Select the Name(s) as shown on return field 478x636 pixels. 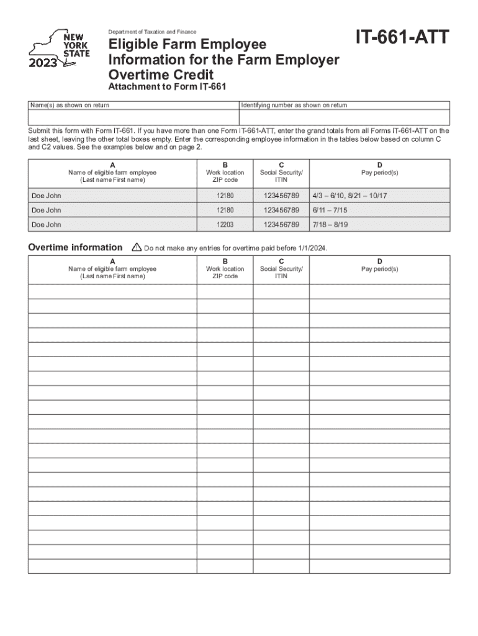pyautogui.click(x=133, y=117)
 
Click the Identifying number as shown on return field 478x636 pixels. pyautogui.click(x=345, y=117)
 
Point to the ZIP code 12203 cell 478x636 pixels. pyautogui.click(x=225, y=224)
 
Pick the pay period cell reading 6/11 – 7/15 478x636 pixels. pyautogui.click(x=335, y=210)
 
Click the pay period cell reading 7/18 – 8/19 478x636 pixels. pyautogui.click(x=335, y=224)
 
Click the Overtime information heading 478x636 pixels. pyautogui.click(x=75, y=247)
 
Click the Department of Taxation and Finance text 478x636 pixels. pyautogui.click(x=152, y=32)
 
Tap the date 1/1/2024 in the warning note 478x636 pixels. pyautogui.click(x=310, y=248)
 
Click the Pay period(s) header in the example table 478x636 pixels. pyautogui.click(x=379, y=173)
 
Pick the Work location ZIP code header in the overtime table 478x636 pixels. pyautogui.click(x=225, y=272)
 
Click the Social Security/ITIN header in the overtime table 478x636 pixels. pyautogui.click(x=281, y=272)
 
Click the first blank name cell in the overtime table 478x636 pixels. pyautogui.click(x=112, y=291)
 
